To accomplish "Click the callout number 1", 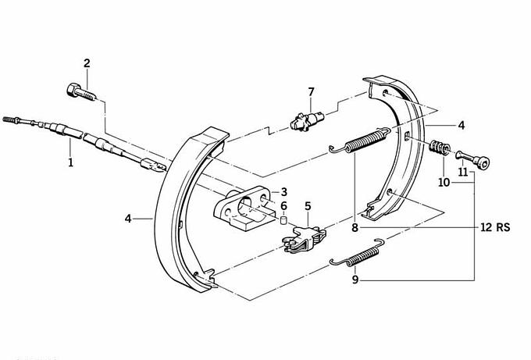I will pos(70,162).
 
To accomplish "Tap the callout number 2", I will pos(87,63).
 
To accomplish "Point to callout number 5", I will pos(308,206).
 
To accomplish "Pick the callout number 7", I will pos(311,92).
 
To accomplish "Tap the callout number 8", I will pos(355,228).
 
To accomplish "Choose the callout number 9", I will pos(355,278).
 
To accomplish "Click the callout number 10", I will pos(444,183).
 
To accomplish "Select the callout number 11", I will pos(462,172).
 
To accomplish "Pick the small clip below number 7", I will pos(305,121).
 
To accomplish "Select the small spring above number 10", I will pos(440,147).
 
